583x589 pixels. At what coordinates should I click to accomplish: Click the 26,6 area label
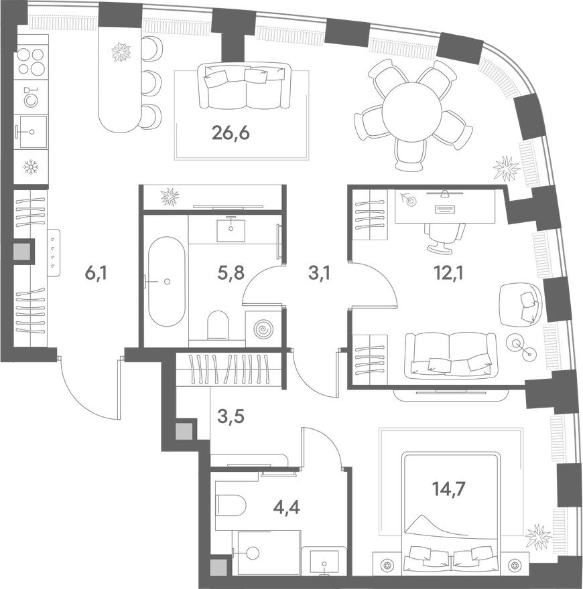(231, 133)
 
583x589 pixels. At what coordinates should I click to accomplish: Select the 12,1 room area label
(449, 273)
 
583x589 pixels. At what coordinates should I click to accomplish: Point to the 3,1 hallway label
(319, 273)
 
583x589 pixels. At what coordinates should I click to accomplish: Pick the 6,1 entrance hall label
(96, 273)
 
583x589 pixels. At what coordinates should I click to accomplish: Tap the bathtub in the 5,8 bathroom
(167, 281)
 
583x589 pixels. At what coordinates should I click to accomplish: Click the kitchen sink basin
(32, 131)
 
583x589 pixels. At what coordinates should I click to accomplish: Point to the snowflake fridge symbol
(31, 167)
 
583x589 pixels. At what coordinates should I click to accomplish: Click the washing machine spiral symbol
(263, 329)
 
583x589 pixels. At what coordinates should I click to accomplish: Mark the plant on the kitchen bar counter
(121, 52)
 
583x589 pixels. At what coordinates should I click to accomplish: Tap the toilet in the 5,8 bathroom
(218, 324)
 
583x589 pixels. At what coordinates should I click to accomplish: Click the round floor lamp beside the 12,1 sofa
(521, 347)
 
